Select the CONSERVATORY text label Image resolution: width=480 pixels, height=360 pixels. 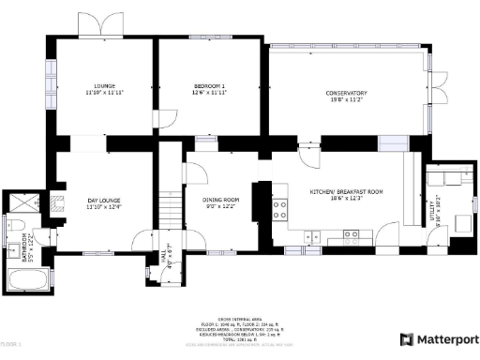click(x=346, y=93)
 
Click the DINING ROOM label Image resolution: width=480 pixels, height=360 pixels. click(x=222, y=200)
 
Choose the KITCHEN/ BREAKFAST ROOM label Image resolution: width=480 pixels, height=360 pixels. click(x=347, y=191)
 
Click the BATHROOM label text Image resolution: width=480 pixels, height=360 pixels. click(x=32, y=243)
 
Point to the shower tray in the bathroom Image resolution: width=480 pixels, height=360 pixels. click(x=22, y=200)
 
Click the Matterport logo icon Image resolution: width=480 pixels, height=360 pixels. click(x=406, y=339)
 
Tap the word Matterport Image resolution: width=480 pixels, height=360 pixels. click(x=445, y=339)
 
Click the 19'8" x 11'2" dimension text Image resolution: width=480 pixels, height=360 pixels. click(x=346, y=99)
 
